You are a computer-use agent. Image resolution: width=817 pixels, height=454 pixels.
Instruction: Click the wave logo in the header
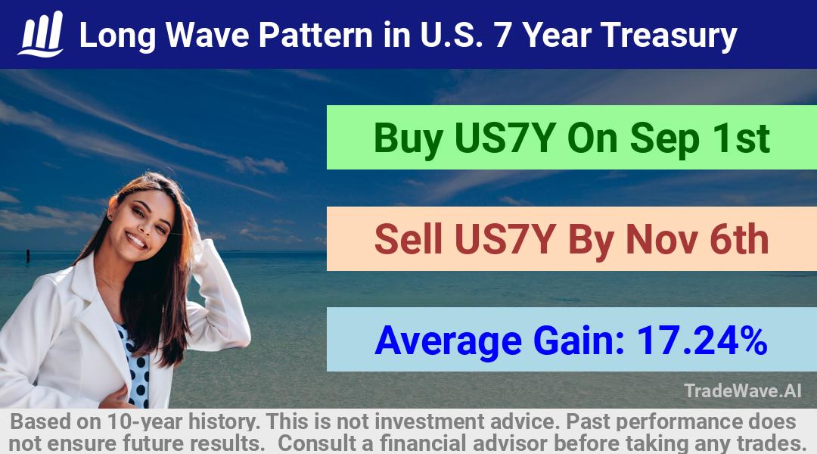(x=41, y=34)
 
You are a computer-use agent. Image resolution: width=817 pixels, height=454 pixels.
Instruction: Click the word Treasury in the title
(x=669, y=36)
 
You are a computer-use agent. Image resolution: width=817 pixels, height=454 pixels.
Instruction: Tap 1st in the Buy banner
(x=741, y=138)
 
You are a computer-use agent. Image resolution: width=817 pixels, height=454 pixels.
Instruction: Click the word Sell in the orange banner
(x=408, y=239)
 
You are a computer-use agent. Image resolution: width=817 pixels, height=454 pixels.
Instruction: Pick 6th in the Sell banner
(x=739, y=239)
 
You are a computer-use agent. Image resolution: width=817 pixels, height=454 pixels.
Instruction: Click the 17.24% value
(x=702, y=340)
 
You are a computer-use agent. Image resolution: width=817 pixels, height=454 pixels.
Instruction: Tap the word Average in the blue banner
(x=448, y=341)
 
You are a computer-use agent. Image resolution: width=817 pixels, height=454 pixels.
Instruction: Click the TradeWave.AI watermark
(x=743, y=390)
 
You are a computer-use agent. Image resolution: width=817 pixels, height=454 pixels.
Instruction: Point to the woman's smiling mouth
(x=136, y=241)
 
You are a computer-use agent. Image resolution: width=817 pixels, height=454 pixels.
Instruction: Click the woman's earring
(x=110, y=215)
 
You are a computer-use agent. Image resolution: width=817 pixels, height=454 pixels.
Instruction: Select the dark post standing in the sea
(x=28, y=255)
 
